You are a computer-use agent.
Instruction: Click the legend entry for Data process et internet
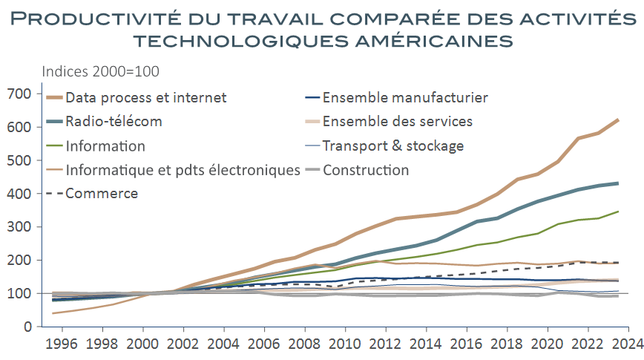pyautogui.click(x=145, y=97)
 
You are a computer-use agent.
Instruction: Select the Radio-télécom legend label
pyautogui.click(x=113, y=121)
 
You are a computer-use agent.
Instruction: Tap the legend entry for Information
pyautogui.click(x=105, y=145)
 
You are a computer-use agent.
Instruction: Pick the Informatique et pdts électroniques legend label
pyautogui.click(x=182, y=170)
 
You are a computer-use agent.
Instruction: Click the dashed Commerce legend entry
pyautogui.click(x=102, y=194)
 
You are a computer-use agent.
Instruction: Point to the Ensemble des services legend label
pyautogui.click(x=398, y=121)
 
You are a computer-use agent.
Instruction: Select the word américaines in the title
pyautogui.click(x=421, y=39)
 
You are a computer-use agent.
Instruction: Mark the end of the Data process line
pyautogui.click(x=618, y=120)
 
